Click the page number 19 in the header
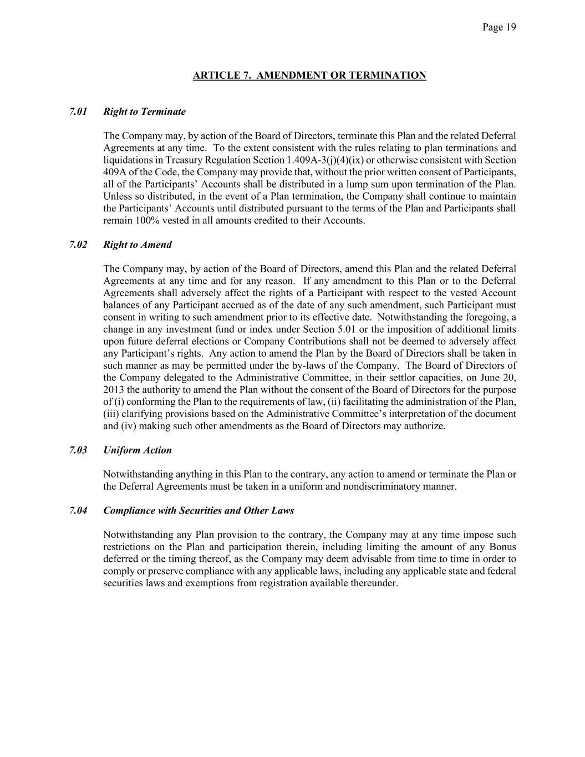[x=511, y=27]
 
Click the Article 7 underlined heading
[x=309, y=75]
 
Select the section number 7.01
[x=78, y=111]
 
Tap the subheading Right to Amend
[x=138, y=245]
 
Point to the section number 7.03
[x=78, y=450]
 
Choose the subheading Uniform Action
[x=138, y=450]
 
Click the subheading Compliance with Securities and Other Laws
[x=199, y=510]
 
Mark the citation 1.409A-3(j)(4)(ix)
[x=325, y=160]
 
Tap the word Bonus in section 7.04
[x=503, y=547]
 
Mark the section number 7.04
[x=78, y=510]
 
